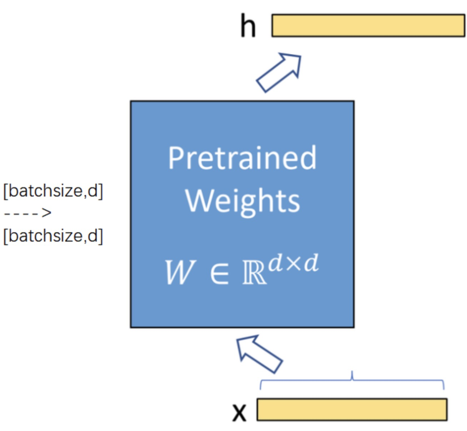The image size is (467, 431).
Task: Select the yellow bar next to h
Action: coord(368,25)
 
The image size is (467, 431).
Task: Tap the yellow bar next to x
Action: coord(352,410)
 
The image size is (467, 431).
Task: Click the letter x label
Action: coord(239,412)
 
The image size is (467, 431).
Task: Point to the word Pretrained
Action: coord(242,158)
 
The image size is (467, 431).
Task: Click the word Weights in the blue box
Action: coord(242,201)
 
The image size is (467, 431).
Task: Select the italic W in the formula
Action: coord(180,272)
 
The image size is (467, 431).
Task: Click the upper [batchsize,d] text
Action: coord(53,190)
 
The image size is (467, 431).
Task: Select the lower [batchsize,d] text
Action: coord(53,236)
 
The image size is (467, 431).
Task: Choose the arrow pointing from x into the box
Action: coord(260,353)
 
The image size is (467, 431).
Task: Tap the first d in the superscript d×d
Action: coord(275,263)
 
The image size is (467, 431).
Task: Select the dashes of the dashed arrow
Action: coord(21,213)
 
